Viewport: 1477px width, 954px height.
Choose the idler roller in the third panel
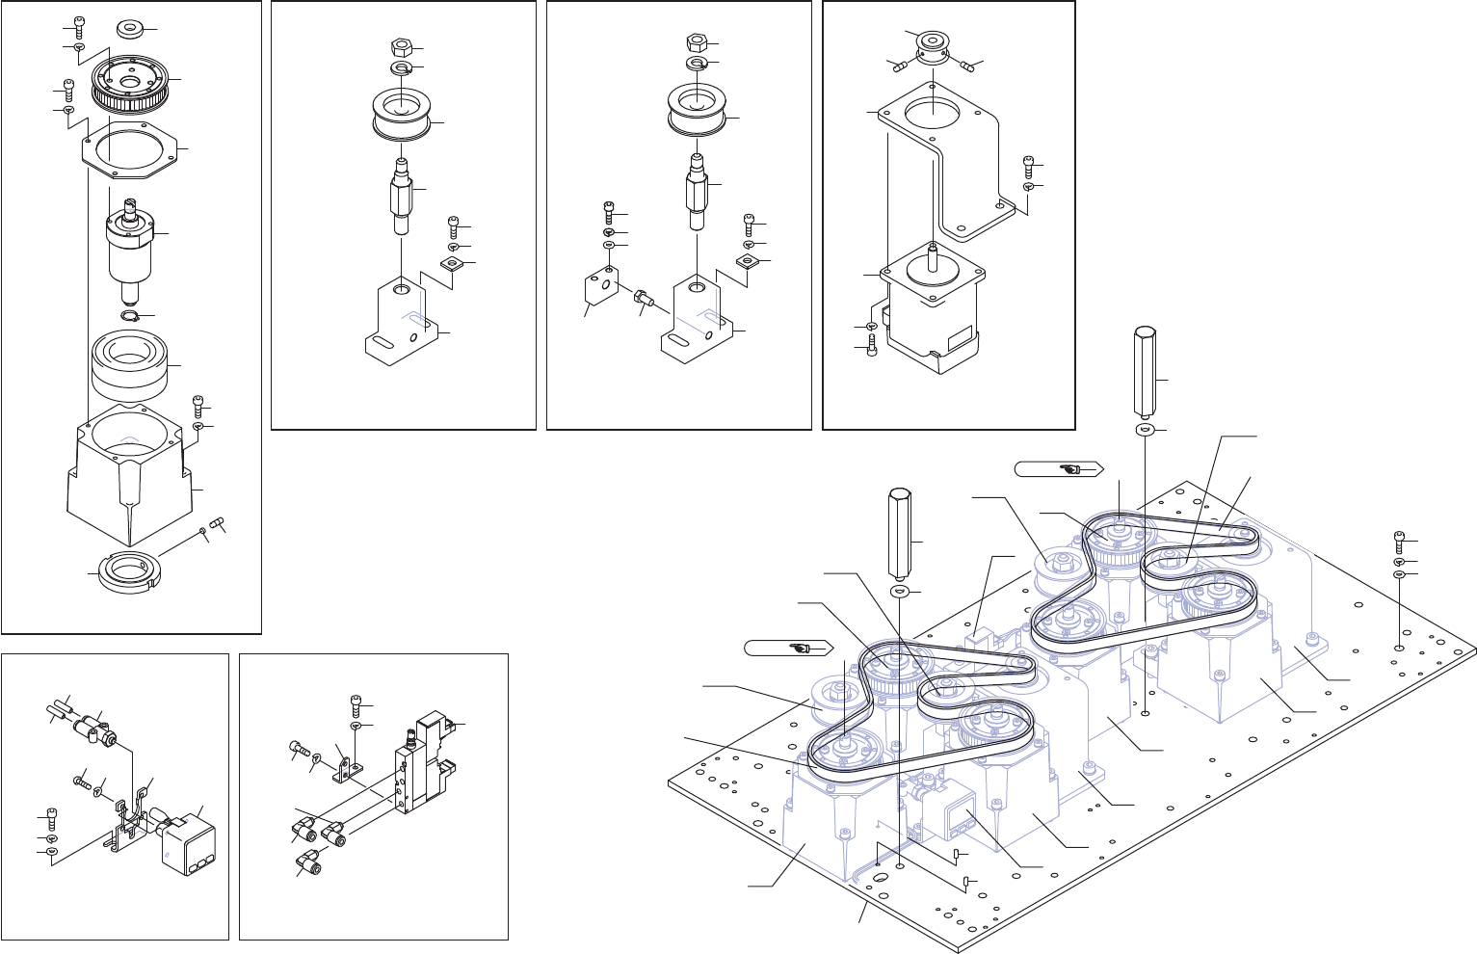point(696,110)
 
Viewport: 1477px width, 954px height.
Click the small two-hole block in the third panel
point(599,287)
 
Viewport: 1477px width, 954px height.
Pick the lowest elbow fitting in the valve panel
point(309,860)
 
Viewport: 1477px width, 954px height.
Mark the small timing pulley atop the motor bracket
point(932,44)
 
